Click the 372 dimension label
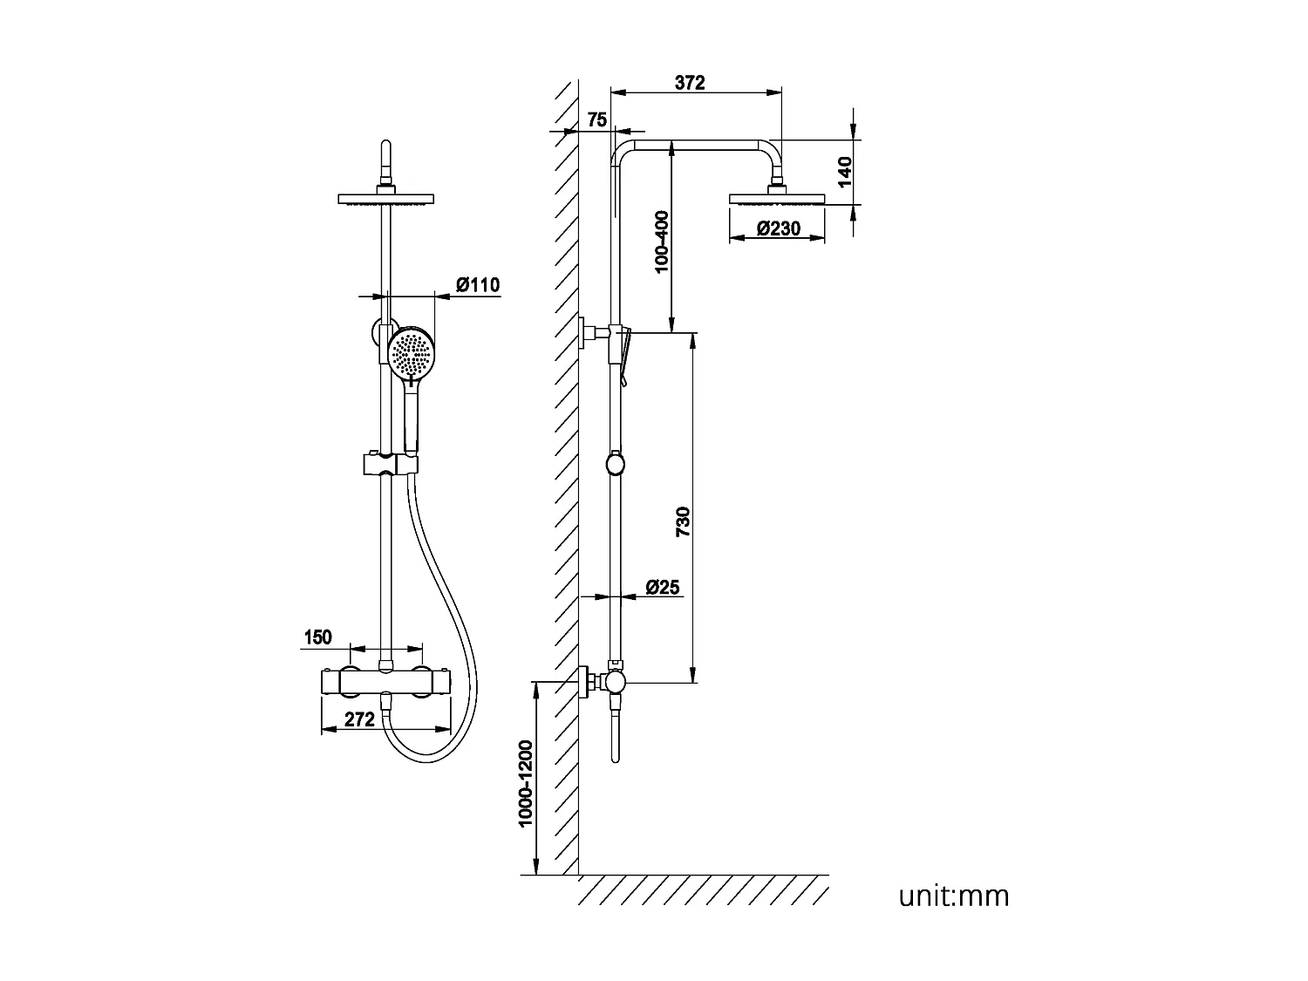[690, 83]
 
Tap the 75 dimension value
[596, 120]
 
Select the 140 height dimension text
[844, 173]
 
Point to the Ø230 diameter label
[779, 229]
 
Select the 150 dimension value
[317, 637]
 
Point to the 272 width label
[359, 719]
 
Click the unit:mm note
[954, 896]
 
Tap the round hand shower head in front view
[411, 353]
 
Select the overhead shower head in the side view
[777, 197]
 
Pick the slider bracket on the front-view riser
[387, 464]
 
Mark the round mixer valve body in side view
[616, 680]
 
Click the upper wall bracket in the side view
[591, 332]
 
